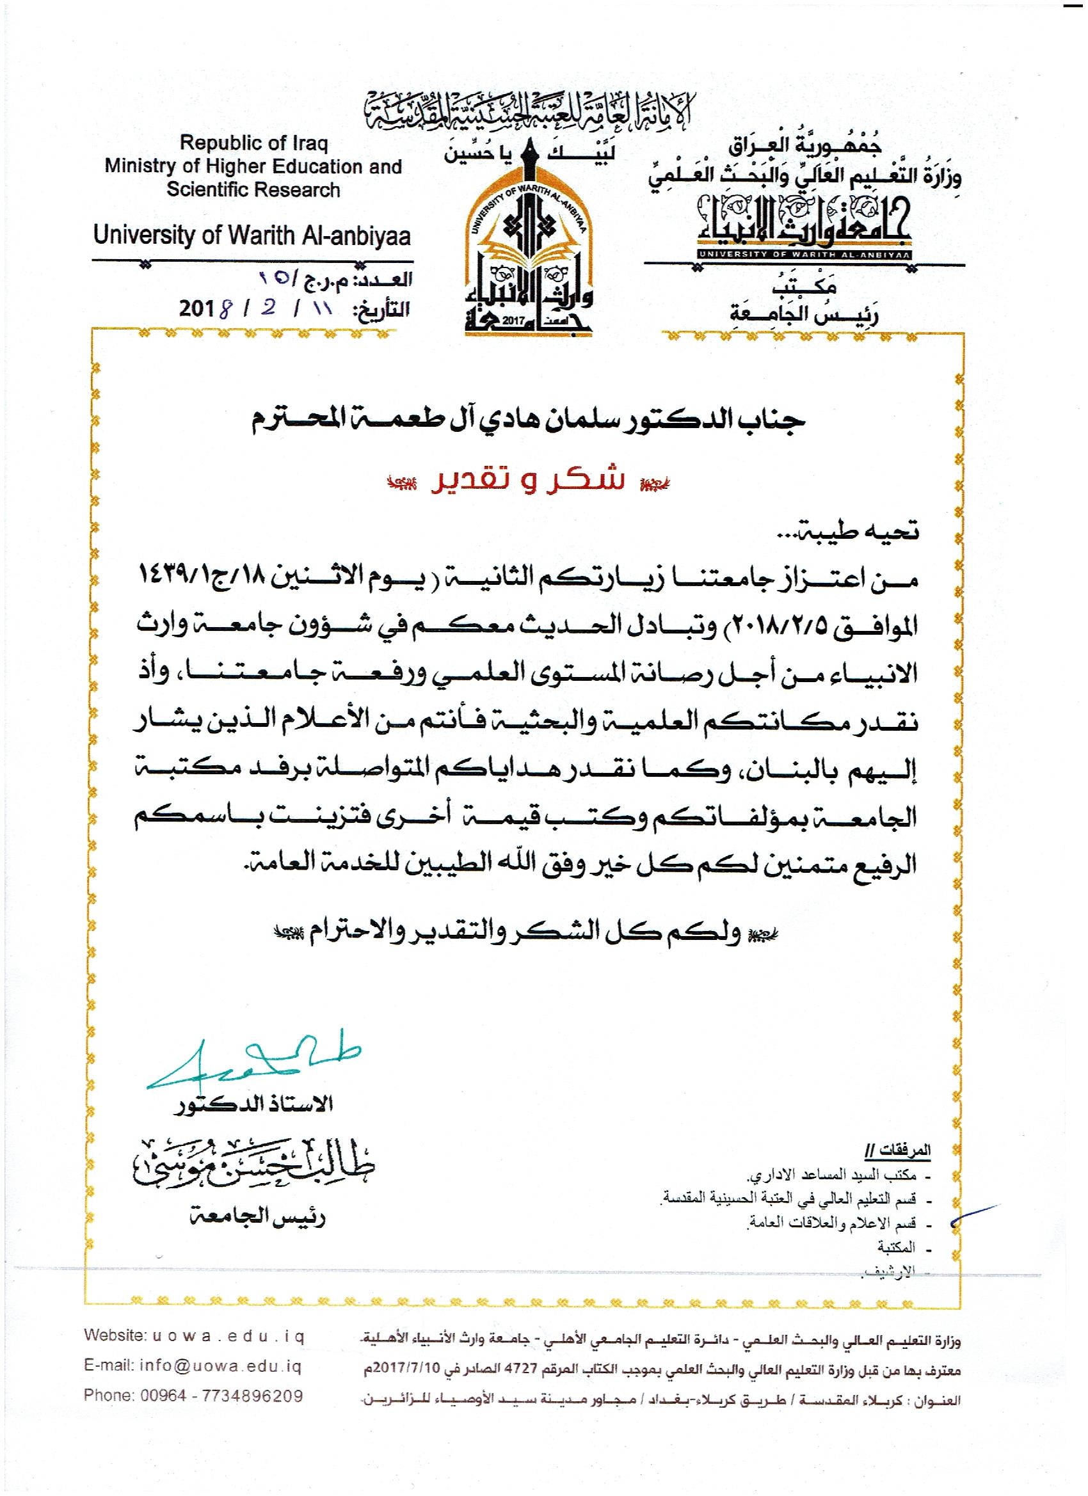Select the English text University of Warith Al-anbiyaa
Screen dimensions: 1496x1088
[252, 235]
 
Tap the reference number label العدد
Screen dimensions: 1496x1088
[386, 280]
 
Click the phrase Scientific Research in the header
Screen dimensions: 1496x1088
[253, 190]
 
